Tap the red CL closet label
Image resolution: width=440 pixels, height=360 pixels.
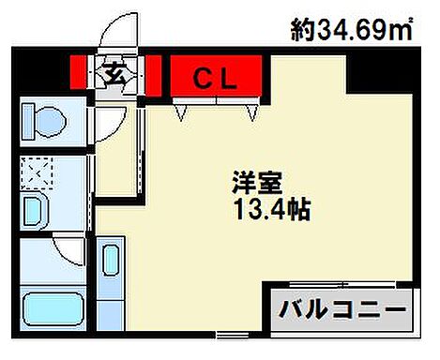[x=216, y=77]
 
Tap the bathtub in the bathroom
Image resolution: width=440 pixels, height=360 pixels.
[x=52, y=311]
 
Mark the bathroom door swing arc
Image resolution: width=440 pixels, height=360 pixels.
[x=68, y=247]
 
